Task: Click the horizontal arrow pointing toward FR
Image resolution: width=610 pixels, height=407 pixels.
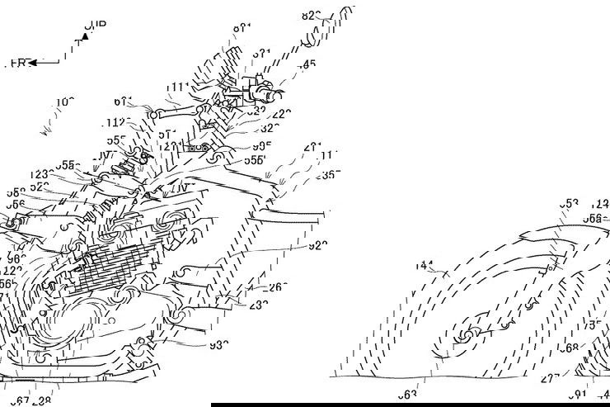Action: click(45, 62)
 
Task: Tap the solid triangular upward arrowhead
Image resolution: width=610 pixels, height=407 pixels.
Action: click(84, 36)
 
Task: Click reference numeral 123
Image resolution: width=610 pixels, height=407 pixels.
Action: click(39, 175)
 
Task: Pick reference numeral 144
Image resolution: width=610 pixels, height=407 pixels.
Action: click(424, 266)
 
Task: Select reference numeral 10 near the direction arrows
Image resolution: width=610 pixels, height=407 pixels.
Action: click(64, 102)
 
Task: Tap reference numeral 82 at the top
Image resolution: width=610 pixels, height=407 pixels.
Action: click(311, 15)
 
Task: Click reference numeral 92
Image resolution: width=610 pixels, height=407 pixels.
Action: click(317, 245)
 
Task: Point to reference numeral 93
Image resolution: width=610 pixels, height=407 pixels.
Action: click(218, 345)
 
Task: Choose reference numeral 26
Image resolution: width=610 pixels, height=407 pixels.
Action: click(279, 287)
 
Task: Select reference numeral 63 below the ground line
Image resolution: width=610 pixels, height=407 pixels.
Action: click(407, 395)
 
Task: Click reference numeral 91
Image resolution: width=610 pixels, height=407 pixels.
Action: click(576, 395)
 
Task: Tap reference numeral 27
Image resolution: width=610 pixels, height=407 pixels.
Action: click(550, 379)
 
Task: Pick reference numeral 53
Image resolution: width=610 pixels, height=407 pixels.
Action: click(569, 203)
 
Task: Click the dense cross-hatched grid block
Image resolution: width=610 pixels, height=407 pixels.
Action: click(115, 268)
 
